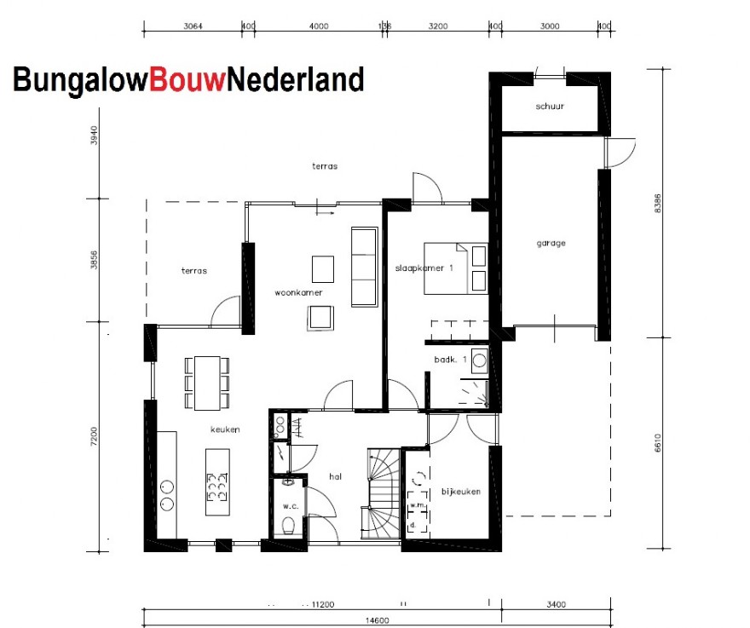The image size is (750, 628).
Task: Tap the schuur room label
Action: click(551, 107)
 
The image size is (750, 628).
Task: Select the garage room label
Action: click(551, 243)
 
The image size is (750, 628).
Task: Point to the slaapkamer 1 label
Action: click(424, 268)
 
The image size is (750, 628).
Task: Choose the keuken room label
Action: click(226, 429)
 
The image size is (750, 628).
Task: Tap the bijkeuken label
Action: click(461, 492)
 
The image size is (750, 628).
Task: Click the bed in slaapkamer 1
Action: click(456, 268)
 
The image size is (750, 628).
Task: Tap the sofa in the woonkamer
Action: click(364, 266)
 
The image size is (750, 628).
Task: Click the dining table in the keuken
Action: click(206, 382)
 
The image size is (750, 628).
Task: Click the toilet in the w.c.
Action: click(289, 524)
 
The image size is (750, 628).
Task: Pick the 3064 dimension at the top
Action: click(193, 26)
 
